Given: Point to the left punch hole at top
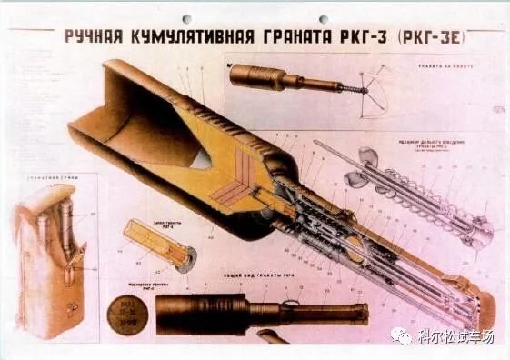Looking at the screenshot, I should pos(187,18).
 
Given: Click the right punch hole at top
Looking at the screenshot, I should pos(324,18).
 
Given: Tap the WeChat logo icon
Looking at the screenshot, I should pos(400,336).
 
